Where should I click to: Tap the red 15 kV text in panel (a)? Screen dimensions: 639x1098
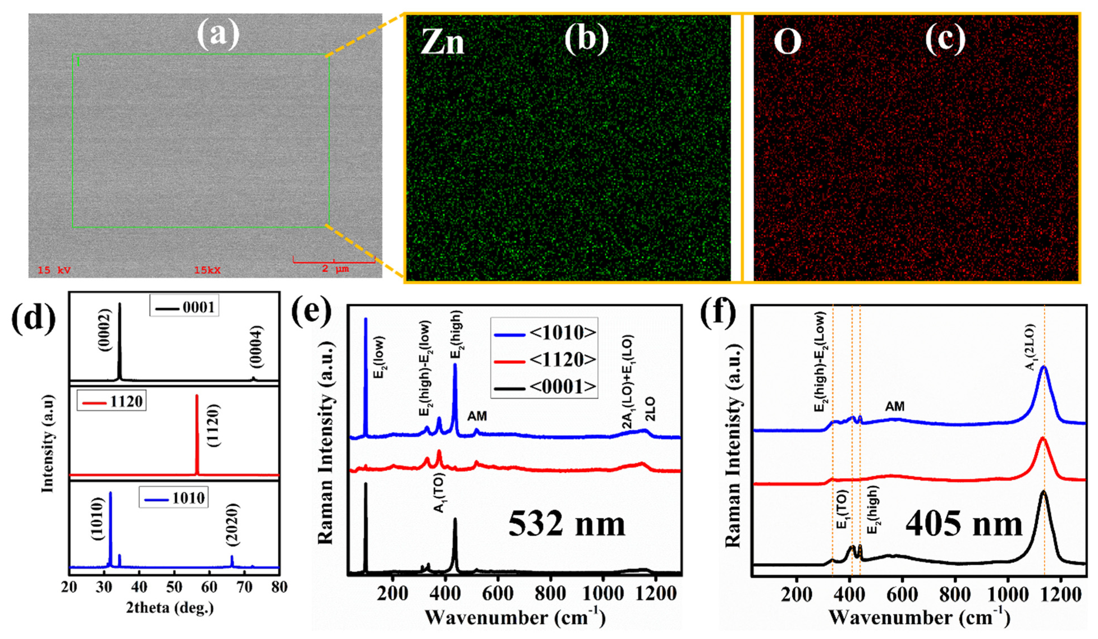(x=54, y=270)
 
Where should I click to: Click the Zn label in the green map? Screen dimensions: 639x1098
(x=442, y=43)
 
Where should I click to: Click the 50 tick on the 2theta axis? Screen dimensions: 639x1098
(x=174, y=587)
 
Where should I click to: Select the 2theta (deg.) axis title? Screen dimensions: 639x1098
(x=170, y=607)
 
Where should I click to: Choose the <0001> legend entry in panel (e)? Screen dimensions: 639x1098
(x=545, y=386)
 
